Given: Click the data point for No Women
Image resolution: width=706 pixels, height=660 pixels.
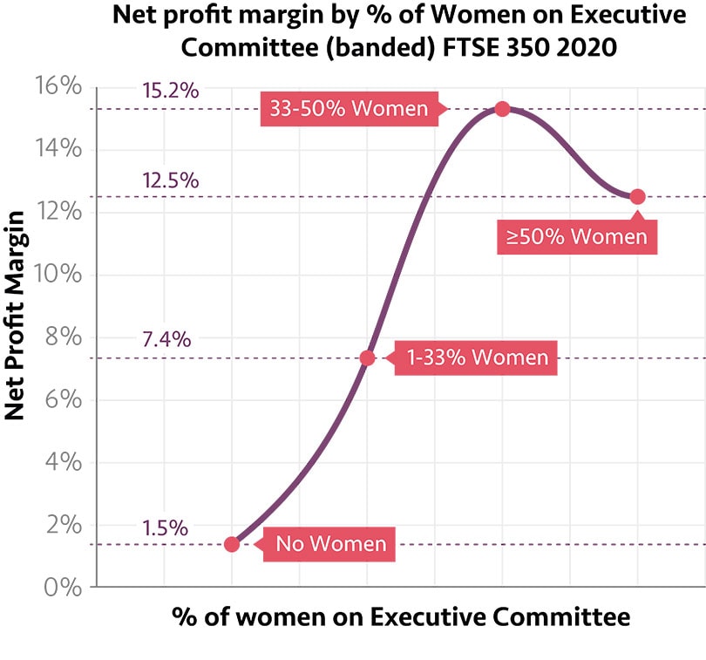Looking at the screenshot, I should point(232,544).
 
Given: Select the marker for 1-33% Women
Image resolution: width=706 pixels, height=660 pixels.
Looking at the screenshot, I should point(367,357).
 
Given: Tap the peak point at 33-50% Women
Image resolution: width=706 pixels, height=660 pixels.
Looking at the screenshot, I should point(502,109).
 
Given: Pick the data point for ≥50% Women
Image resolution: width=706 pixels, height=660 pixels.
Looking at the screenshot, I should point(637,196).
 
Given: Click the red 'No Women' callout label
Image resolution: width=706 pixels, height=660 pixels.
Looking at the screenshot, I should point(329,544).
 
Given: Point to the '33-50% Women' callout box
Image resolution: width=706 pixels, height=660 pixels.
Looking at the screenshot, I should point(349,109).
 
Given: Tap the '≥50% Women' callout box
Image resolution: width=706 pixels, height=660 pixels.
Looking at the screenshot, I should point(577,236).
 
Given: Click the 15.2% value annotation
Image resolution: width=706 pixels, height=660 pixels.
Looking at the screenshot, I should point(171,90).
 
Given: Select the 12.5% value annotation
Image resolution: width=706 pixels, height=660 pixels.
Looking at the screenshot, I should point(171,180).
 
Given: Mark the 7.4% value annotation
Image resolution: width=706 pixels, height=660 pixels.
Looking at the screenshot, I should point(166,339).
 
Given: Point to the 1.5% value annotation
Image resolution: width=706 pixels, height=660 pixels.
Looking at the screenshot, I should point(166,527).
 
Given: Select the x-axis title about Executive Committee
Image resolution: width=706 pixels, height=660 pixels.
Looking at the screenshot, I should point(400,616).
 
